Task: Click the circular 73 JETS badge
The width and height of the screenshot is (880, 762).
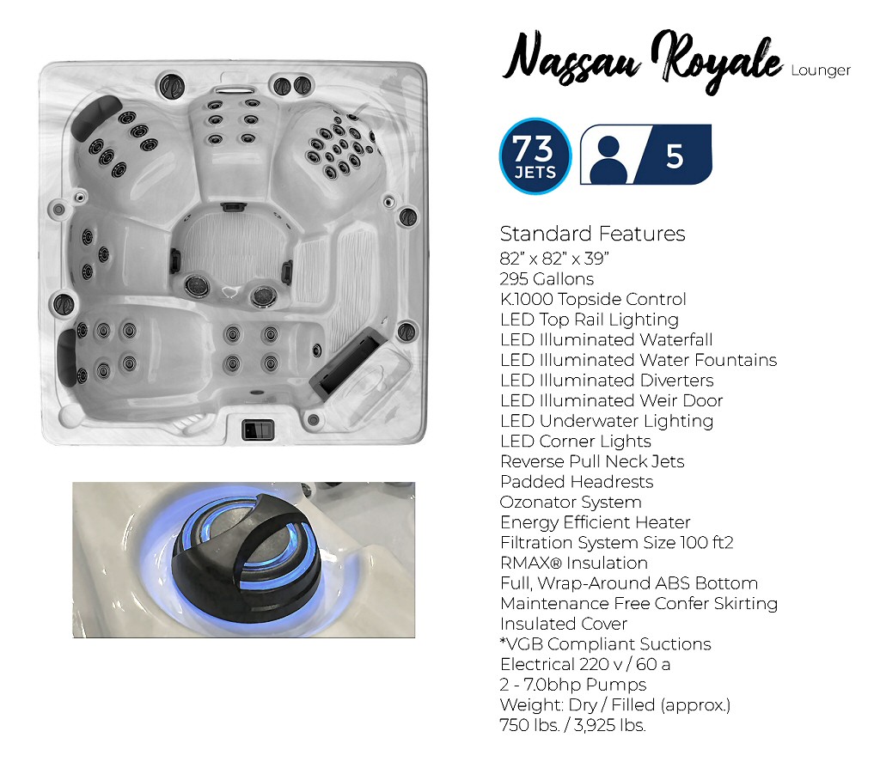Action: [x=535, y=155]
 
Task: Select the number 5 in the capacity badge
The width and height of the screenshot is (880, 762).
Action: [x=675, y=155]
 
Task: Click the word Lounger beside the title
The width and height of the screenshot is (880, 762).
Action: [x=820, y=71]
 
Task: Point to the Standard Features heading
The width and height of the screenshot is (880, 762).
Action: [x=592, y=234]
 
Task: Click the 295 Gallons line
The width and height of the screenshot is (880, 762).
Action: [x=547, y=278]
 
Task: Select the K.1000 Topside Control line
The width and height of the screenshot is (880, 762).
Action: [x=593, y=299]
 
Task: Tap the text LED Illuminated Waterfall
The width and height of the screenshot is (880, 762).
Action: [x=606, y=339]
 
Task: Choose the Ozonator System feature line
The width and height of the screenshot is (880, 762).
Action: [x=571, y=502]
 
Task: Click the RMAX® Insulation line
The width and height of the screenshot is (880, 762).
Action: [x=574, y=563]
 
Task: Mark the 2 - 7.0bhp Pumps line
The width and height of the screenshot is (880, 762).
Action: [x=573, y=685]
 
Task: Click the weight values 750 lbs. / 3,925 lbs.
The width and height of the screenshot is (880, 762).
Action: [x=572, y=725]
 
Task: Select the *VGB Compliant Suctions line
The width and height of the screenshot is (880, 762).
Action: [x=606, y=643]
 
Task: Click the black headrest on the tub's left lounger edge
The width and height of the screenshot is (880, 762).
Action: [x=67, y=354]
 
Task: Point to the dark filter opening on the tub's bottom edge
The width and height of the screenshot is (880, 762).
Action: [x=257, y=429]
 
